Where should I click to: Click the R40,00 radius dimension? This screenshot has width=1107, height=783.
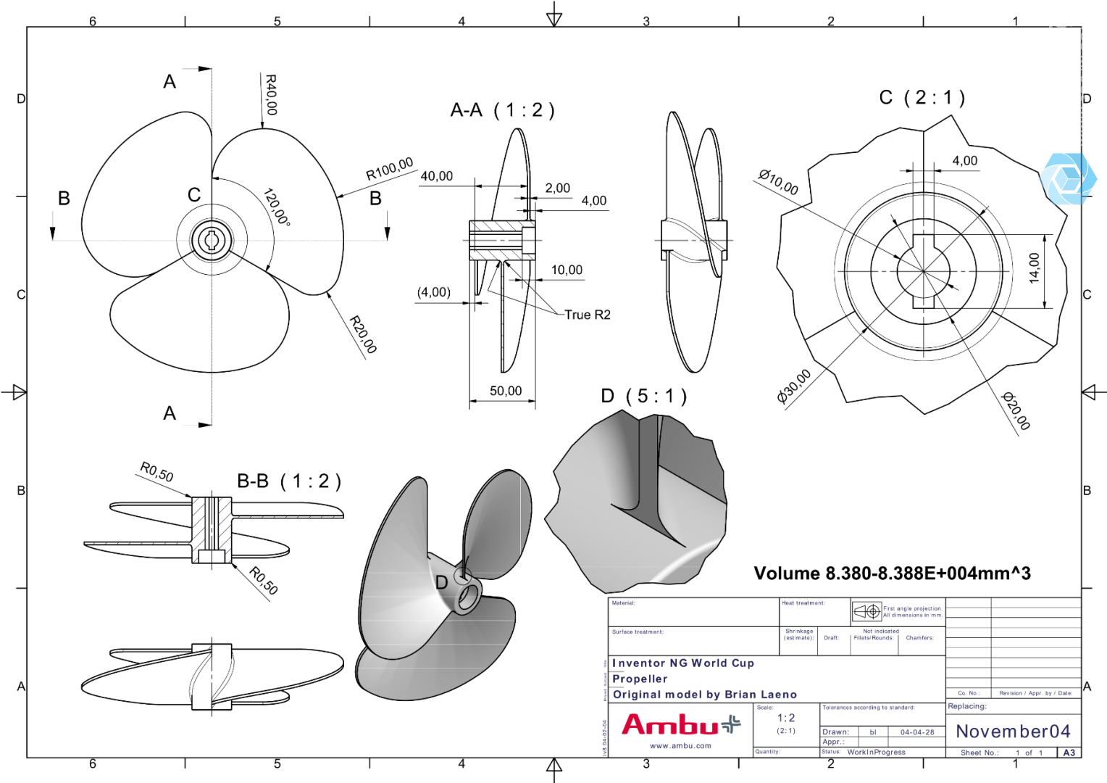[x=270, y=95]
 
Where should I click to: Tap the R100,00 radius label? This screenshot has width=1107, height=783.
[x=389, y=170]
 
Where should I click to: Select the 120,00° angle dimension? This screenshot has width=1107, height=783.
[x=276, y=207]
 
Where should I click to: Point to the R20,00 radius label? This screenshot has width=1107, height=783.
[x=363, y=334]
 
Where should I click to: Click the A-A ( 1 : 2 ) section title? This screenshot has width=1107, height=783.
[x=502, y=110]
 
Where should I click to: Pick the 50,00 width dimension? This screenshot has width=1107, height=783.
[x=505, y=391]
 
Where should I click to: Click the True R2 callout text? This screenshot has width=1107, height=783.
[x=587, y=315]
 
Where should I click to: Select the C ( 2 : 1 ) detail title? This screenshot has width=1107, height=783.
[x=922, y=98]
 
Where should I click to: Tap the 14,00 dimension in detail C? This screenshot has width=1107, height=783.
[x=1034, y=268]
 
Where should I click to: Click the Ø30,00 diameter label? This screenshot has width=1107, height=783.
[x=794, y=386]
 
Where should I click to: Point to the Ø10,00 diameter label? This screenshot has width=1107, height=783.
[x=778, y=182]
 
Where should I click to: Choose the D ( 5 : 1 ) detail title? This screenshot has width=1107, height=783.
[x=643, y=397]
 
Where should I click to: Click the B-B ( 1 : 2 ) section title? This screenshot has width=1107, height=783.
[x=289, y=481]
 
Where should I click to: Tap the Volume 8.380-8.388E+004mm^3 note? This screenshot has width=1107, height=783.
[x=892, y=573]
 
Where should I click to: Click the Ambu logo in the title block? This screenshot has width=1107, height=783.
[x=680, y=724]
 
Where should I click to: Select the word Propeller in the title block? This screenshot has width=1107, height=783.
[x=640, y=679]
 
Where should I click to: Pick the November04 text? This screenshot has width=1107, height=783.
[x=1013, y=731]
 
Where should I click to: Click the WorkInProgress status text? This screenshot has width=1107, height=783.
[x=876, y=752]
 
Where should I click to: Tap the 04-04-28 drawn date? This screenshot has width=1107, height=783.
[x=917, y=732]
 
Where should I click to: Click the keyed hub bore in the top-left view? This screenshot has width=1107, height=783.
[x=212, y=240]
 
